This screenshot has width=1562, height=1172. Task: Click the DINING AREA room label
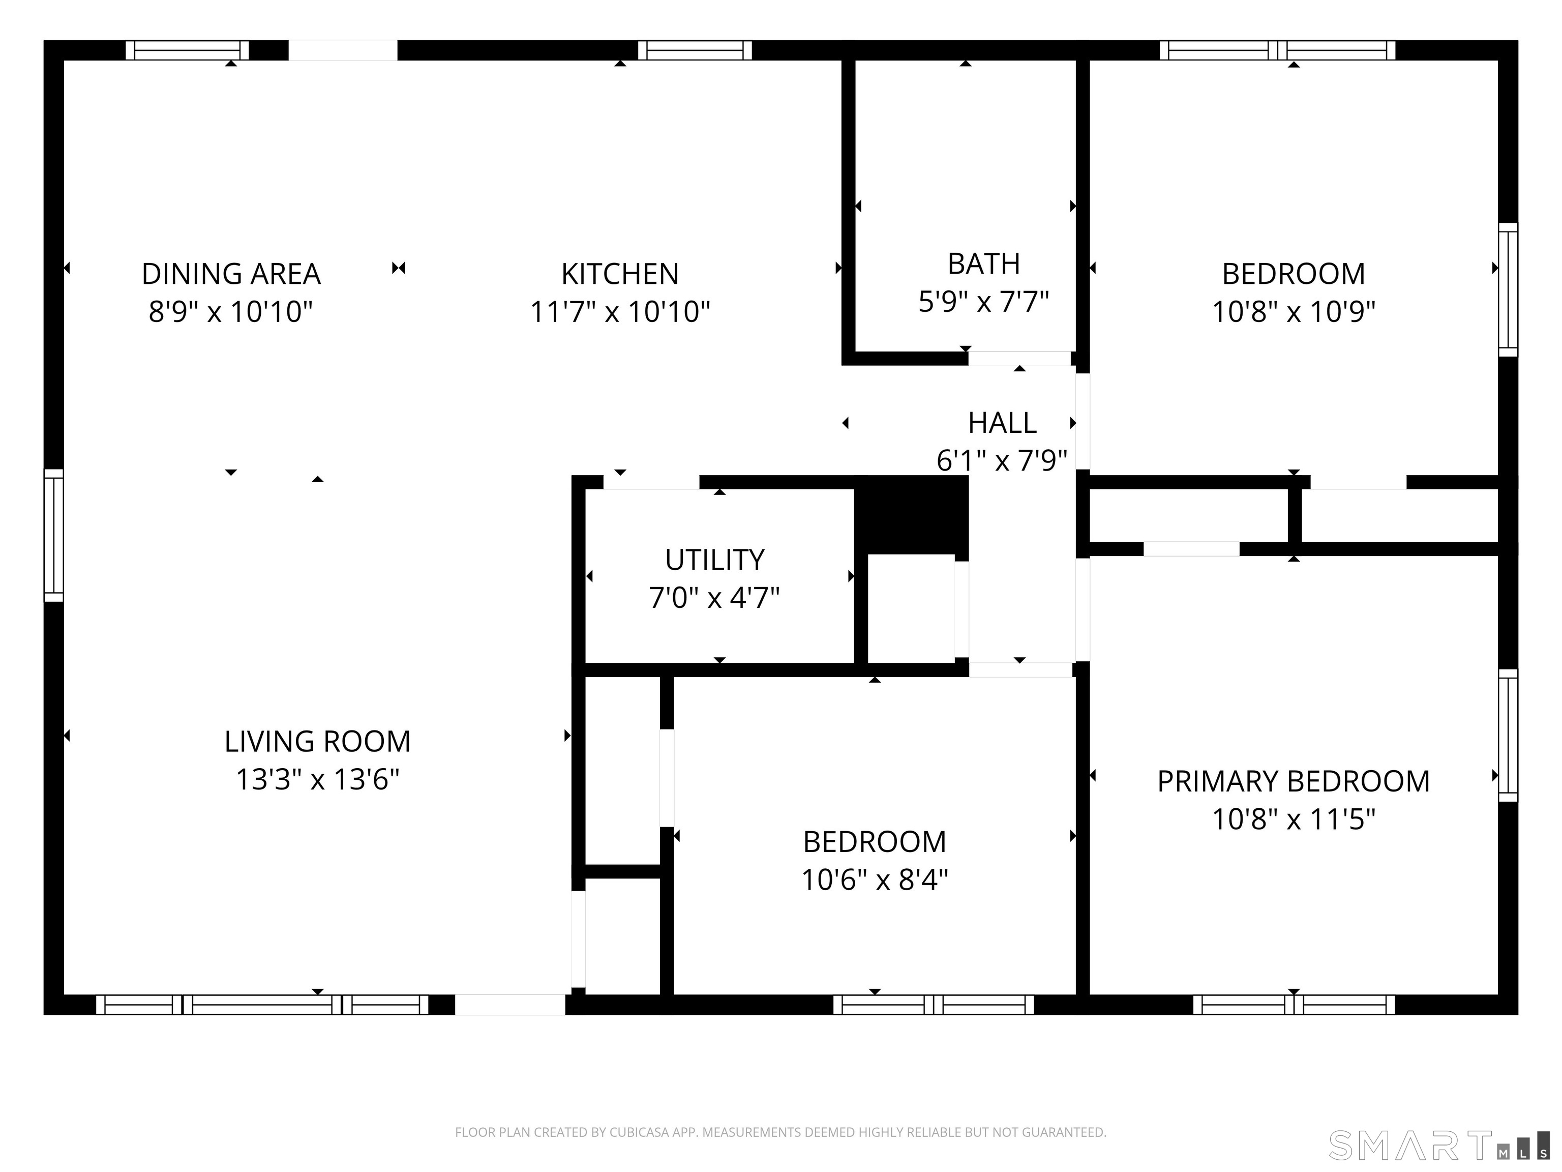coord(231,274)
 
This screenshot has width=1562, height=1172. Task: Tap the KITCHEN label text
coord(620,274)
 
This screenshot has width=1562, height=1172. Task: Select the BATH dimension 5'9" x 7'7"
coord(984,302)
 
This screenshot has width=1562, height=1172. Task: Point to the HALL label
coord(1002,423)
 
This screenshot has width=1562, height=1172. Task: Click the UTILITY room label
coord(714,560)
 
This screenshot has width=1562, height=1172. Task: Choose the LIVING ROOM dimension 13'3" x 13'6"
coord(318,779)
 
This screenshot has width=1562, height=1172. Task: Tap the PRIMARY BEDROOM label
coord(1294,781)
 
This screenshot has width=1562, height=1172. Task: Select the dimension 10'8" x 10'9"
coord(1294,311)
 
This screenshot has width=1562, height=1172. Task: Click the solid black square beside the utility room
coord(911,515)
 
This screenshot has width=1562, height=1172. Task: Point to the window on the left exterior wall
coord(54,536)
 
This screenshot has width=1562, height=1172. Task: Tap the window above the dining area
coord(187,50)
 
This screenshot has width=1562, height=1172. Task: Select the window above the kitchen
coord(695,50)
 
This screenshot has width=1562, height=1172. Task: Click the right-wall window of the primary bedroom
coord(1508,736)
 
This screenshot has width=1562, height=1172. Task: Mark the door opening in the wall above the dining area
coord(343,50)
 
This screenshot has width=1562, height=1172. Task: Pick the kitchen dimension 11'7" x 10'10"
coord(620,311)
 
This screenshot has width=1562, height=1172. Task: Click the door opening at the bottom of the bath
coord(1019,358)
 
